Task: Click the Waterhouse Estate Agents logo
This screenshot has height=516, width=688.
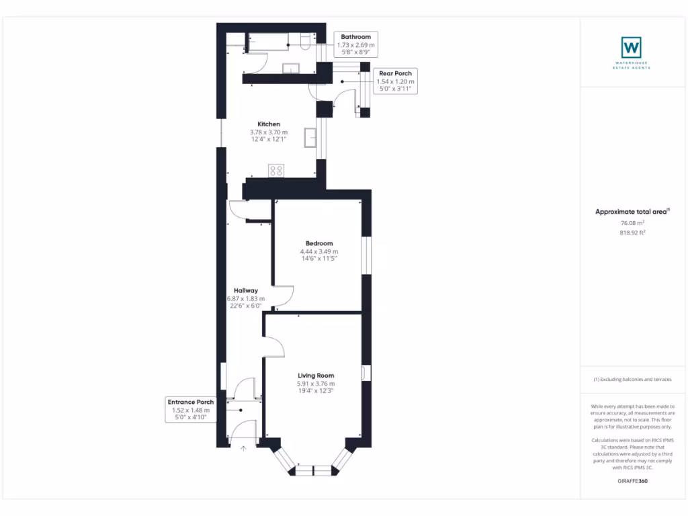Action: pyautogui.click(x=631, y=48)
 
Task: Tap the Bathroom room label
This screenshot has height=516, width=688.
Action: pyautogui.click(x=355, y=37)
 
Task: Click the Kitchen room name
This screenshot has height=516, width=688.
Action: pyautogui.click(x=269, y=124)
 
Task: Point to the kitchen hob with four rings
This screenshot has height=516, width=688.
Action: pyautogui.click(x=275, y=170)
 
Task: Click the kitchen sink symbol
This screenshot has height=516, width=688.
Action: pyautogui.click(x=311, y=136)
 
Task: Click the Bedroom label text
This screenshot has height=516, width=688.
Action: pyautogui.click(x=318, y=243)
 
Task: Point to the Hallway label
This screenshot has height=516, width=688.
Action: pyautogui.click(x=246, y=290)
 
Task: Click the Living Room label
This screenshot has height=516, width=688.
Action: pyautogui.click(x=316, y=376)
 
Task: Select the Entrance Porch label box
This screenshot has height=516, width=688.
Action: pyautogui.click(x=191, y=409)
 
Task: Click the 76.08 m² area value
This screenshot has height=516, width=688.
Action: pyautogui.click(x=632, y=222)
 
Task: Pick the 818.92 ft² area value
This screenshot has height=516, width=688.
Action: pyautogui.click(x=632, y=232)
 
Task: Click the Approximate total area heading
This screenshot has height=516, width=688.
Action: pyautogui.click(x=631, y=212)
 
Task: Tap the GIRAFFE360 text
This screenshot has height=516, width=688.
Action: pyautogui.click(x=632, y=481)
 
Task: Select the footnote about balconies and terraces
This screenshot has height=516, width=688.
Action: pyautogui.click(x=632, y=379)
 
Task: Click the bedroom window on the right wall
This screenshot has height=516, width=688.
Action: pyautogui.click(x=366, y=255)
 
